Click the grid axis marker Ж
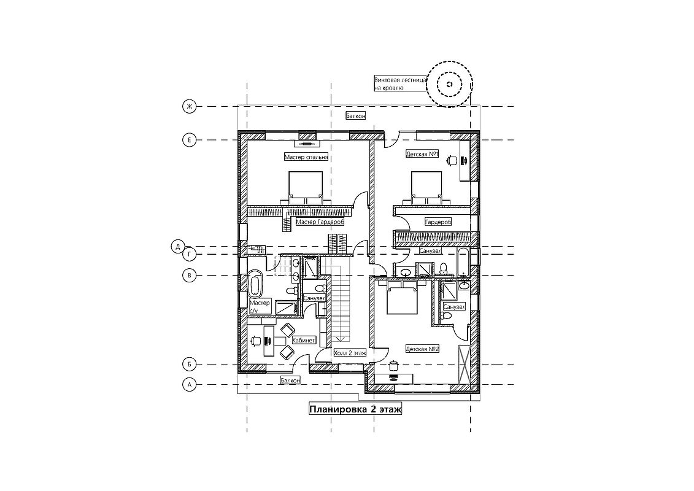pyautogui.click(x=189, y=107)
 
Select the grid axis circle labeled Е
pyautogui.click(x=189, y=140)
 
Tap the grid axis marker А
pyautogui.click(x=189, y=385)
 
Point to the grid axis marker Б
pyautogui.click(x=189, y=365)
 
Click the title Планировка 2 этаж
pyautogui.click(x=355, y=409)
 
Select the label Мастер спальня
pyautogui.click(x=306, y=157)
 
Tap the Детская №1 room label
pyautogui.click(x=422, y=154)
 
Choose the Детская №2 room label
pyautogui.click(x=422, y=349)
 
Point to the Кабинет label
pyautogui.click(x=304, y=341)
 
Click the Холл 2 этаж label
pyautogui.click(x=350, y=353)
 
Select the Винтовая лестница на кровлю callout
pyautogui.click(x=401, y=84)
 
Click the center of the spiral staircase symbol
pyautogui.click(x=449, y=84)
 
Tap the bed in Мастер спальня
pyautogui.click(x=306, y=188)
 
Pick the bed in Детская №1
pyautogui.click(x=427, y=188)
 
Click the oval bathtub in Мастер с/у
pyautogui.click(x=255, y=284)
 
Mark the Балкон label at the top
pyautogui.click(x=356, y=116)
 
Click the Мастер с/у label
pyautogui.click(x=260, y=307)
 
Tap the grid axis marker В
pyautogui.click(x=189, y=276)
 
